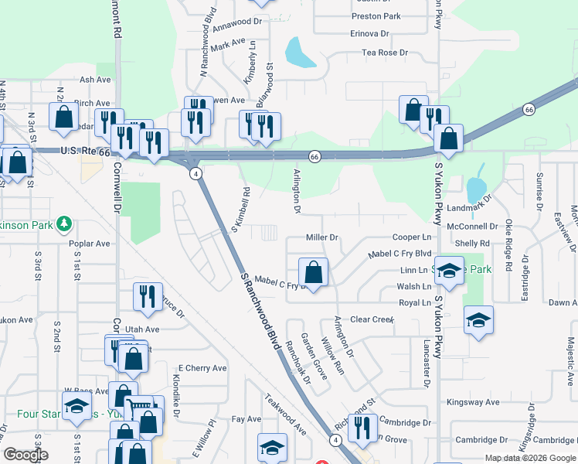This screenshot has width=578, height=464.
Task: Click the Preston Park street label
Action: [376, 16]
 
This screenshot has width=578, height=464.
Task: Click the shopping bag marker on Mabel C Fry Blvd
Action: [314, 272]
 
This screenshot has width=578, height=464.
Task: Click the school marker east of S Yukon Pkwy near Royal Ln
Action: [479, 320]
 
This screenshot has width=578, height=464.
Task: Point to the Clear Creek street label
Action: [372, 319]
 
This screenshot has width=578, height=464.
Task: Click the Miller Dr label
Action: [323, 237]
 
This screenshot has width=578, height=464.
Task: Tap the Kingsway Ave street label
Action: [474, 402]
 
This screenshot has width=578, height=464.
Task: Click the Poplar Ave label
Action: [90, 243]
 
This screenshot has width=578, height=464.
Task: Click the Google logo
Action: [25, 455]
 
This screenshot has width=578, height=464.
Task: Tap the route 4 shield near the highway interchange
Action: [196, 172]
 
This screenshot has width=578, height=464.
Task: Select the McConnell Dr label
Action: [473, 227]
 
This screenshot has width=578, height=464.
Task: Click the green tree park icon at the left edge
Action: [65, 225]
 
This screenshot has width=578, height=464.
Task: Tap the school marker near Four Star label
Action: [77, 407]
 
